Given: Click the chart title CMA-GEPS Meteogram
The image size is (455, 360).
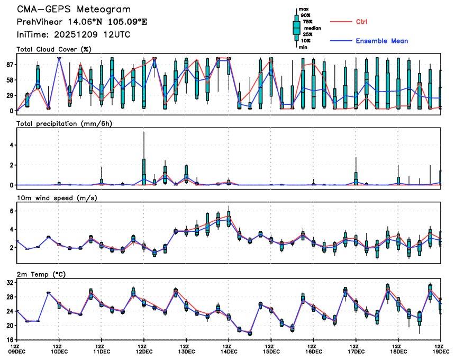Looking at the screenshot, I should pos(74,10).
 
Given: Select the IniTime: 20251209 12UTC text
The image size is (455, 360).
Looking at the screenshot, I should pos(74,34).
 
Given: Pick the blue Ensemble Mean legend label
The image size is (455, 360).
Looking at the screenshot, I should pos(381,41).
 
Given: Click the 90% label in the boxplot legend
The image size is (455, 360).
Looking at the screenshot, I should pos(305,15).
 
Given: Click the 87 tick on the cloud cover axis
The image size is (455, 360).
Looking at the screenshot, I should pos(8,65).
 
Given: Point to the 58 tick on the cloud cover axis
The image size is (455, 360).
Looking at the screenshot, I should pos(8,80).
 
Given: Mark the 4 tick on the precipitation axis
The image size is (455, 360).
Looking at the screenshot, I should pos(10,145).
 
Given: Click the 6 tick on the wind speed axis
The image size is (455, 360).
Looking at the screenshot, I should pos(10,211).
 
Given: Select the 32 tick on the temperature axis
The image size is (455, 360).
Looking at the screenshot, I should pos(8,283).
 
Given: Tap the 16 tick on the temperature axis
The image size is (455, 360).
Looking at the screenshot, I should pos(8,340).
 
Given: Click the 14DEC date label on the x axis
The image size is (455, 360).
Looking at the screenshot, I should pos(229,351).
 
